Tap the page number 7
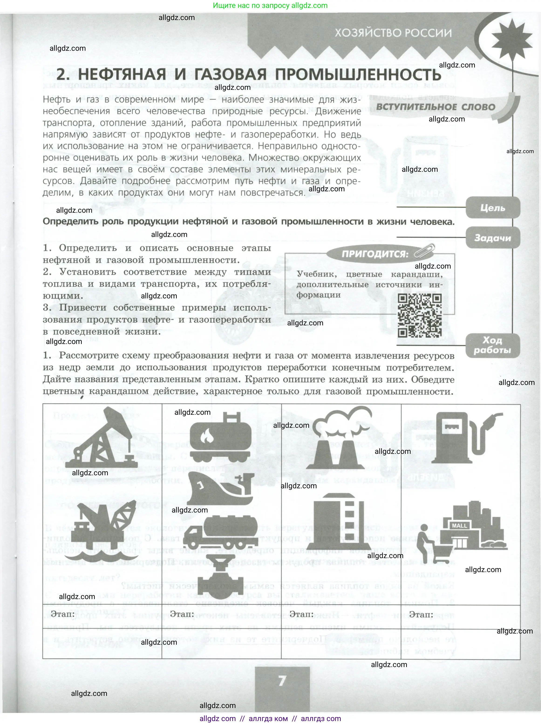282,681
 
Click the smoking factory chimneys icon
340,437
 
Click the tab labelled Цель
493,208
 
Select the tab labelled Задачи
493,238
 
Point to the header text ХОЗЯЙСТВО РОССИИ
393,33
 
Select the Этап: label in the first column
63,614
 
